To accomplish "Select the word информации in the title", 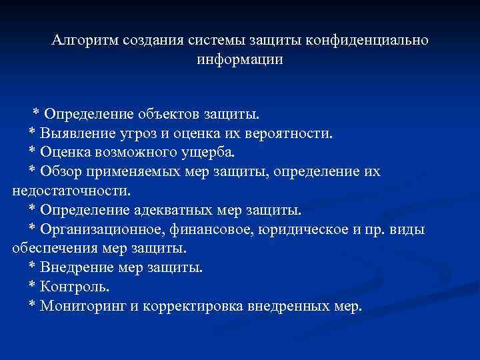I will [x=240, y=59].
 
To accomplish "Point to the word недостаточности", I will [x=69, y=191].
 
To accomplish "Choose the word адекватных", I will [x=179, y=211].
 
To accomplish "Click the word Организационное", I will [x=98, y=230].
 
